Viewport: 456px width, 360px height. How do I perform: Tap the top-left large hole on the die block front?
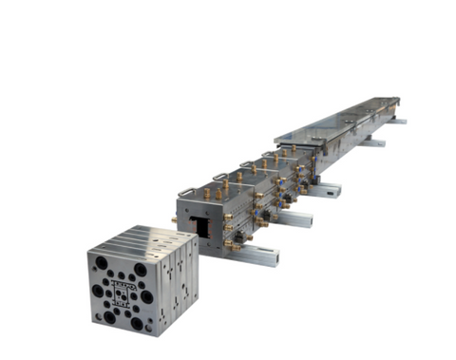[100, 264]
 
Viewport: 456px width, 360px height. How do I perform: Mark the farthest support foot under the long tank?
[399, 121]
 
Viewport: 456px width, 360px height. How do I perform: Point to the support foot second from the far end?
[376, 142]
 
